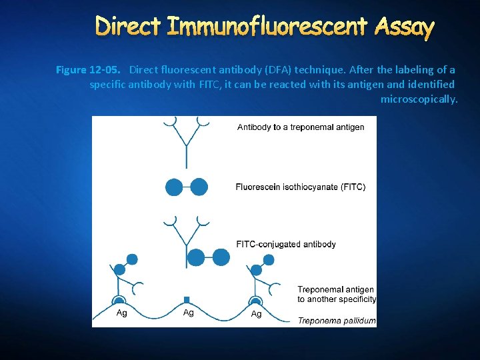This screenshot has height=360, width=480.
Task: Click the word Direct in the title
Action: pos(128,26)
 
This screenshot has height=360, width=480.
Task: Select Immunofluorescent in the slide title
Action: pos(267,26)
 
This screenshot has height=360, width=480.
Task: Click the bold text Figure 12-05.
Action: pos(88,70)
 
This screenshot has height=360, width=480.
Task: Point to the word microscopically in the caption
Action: pos(419,99)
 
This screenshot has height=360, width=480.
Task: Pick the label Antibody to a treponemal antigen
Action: pos(301,127)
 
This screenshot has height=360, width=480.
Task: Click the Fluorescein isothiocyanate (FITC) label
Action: pos(300,187)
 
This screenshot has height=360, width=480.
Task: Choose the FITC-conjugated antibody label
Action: pos(286,244)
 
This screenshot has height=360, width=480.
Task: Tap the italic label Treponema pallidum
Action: pos(337,321)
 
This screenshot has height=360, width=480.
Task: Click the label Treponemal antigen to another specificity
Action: pos(337,294)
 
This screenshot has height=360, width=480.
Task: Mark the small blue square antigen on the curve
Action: pos(187,300)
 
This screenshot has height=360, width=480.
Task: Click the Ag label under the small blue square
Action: pos(189,313)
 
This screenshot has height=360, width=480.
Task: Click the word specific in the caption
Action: pos(108,85)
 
